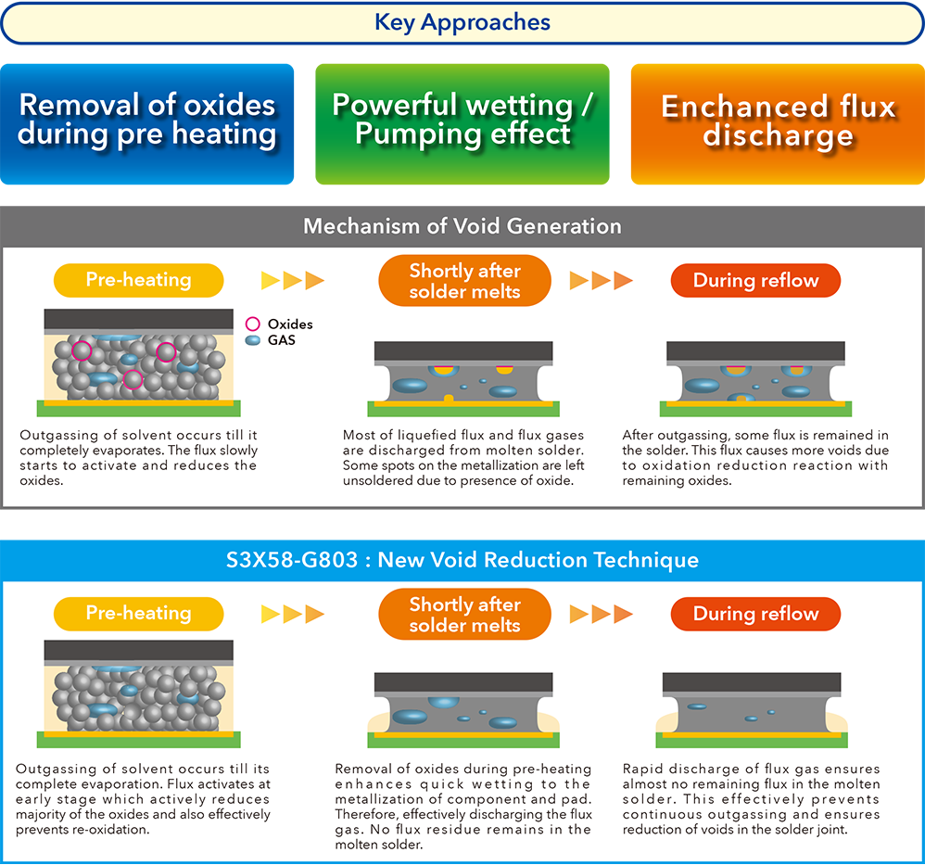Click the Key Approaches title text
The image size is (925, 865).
[x=462, y=22]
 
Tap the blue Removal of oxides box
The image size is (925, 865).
[x=146, y=124]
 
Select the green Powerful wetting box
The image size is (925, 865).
[x=462, y=124]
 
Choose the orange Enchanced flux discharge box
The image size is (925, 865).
[x=779, y=124]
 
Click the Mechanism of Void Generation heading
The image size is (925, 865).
[x=462, y=226]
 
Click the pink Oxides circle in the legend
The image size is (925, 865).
[x=252, y=324]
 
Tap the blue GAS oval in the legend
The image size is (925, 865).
[x=252, y=340]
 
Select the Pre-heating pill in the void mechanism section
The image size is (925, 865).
[x=139, y=280]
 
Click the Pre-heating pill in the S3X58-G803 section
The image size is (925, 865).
[x=139, y=614]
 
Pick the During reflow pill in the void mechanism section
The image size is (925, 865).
[x=755, y=280]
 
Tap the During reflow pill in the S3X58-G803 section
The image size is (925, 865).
[x=755, y=614]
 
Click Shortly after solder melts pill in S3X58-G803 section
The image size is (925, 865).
[x=465, y=615]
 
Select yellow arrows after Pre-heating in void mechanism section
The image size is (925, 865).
[x=293, y=280]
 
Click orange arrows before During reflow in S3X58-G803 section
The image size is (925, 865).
[x=602, y=615]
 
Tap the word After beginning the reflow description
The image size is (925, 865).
[x=638, y=435]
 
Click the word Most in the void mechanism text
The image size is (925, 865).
[x=356, y=435]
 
